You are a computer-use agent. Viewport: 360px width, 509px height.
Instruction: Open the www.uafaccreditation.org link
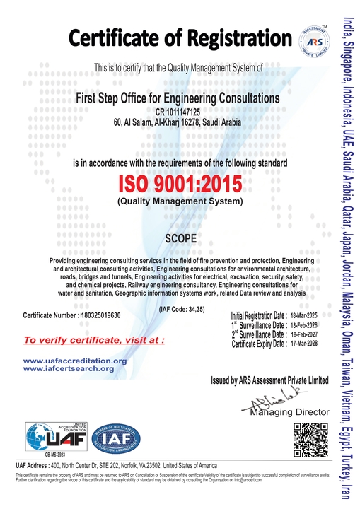pos(75,361)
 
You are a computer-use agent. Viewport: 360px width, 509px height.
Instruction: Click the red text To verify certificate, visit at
pos(94,340)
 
